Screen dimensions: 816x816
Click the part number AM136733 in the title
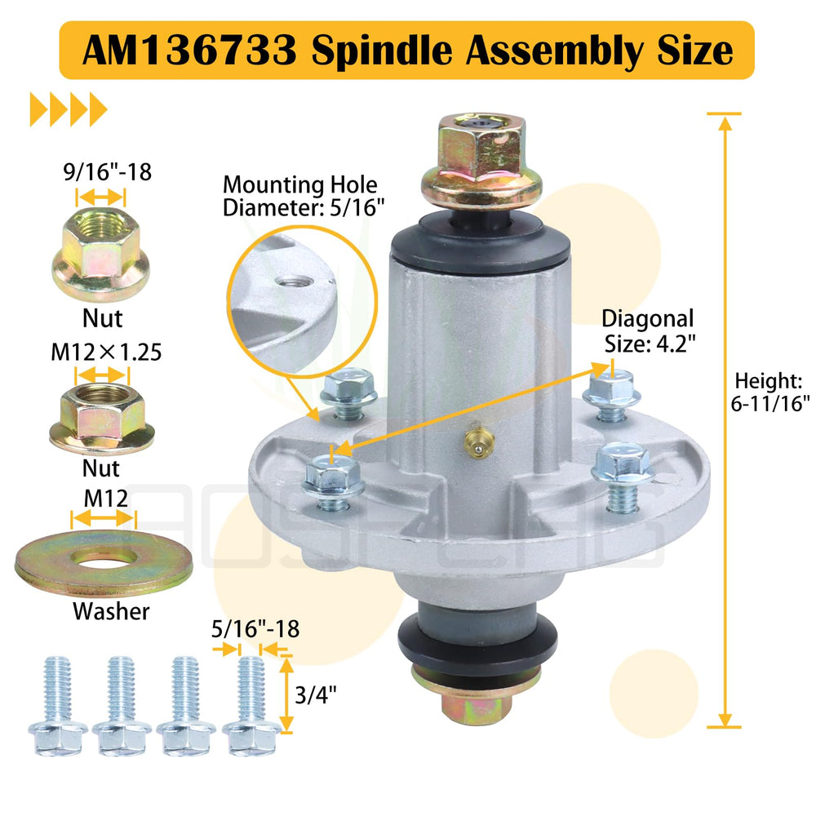pos(189,51)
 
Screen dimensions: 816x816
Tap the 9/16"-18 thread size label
pos(108,171)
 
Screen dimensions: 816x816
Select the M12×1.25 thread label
pos(106,353)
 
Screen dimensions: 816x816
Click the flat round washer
pos(104,562)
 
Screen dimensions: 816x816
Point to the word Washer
pos(111,611)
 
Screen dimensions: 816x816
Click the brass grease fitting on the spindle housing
pos(478,441)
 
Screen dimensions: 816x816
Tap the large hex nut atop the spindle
pos(481,159)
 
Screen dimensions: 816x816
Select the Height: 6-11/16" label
pos(770,392)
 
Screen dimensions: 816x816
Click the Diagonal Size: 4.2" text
pos(649,331)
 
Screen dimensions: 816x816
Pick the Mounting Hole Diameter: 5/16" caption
pos(304,196)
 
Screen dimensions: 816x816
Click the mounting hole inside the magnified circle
pos(295,282)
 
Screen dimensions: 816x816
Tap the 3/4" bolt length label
pos(315,694)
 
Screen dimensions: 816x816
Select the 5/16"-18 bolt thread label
pos(255,629)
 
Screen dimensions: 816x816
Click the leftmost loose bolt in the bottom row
pos(58,706)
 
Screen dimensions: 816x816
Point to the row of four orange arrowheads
pos(69,109)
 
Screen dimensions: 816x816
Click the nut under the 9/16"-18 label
pos(100,254)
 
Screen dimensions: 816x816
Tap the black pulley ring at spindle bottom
pos(477,643)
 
